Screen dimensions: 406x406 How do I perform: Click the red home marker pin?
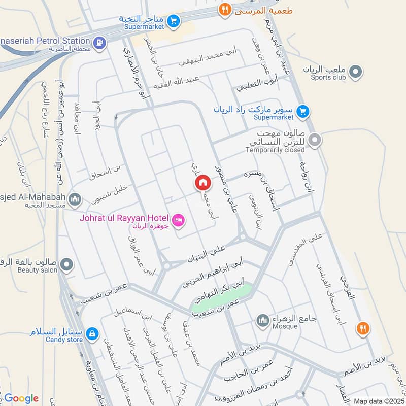point(203,181)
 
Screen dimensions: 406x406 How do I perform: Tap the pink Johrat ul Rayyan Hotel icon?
point(179,220)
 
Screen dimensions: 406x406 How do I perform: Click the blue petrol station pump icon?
point(100,42)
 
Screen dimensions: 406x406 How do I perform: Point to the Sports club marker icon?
point(356,73)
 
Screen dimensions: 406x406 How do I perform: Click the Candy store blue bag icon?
point(92,333)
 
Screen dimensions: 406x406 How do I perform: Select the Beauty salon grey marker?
point(66,264)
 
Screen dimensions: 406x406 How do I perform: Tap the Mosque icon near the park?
point(262,320)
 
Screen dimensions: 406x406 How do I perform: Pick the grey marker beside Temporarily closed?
point(315,139)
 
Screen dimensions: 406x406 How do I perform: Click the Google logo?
point(21,398)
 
